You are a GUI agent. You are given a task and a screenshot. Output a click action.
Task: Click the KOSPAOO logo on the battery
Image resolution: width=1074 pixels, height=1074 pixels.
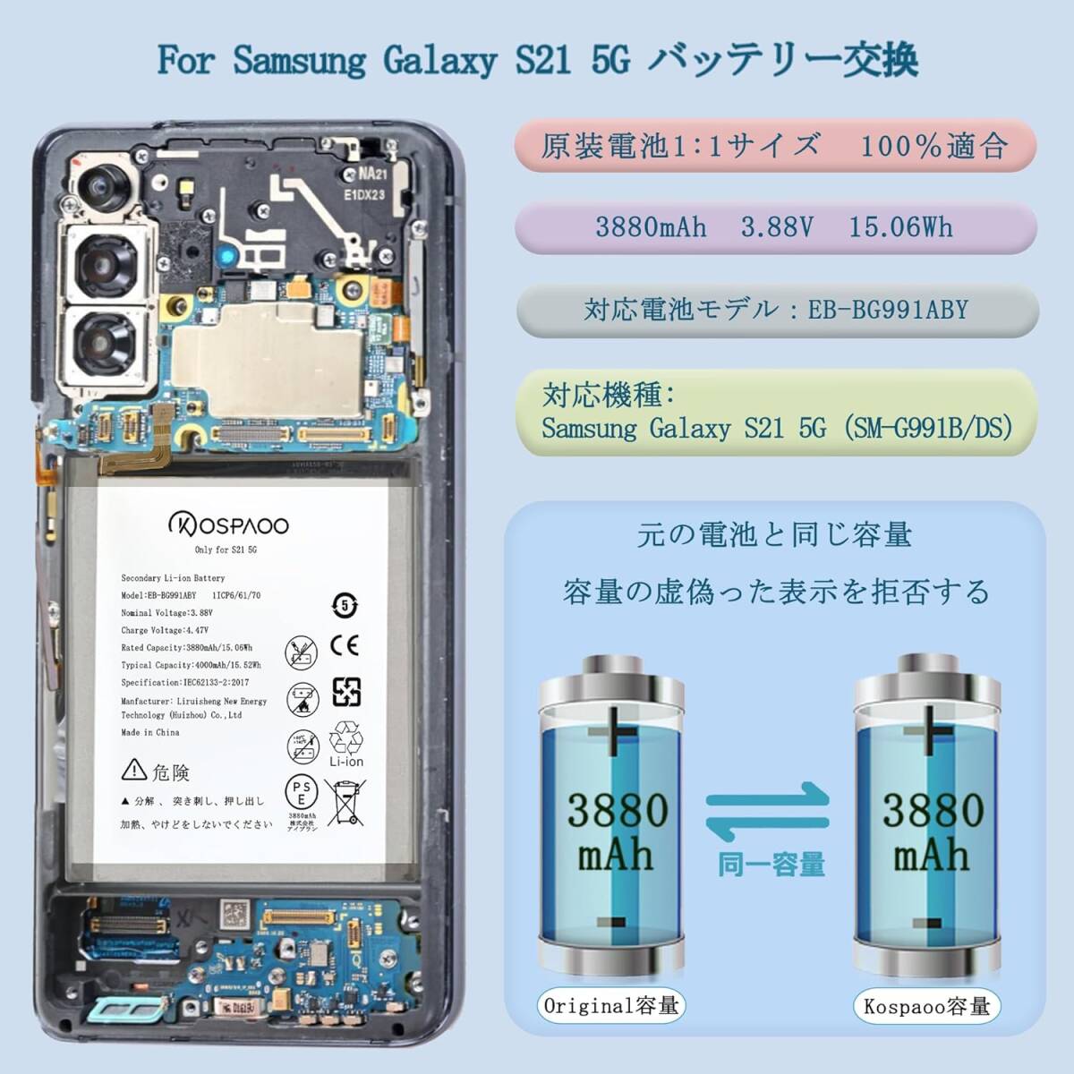point(229,524)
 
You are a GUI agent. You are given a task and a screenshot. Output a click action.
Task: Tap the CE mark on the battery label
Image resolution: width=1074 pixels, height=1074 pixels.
point(345,646)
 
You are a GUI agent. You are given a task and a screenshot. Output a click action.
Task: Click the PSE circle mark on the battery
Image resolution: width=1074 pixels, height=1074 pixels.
point(302,791)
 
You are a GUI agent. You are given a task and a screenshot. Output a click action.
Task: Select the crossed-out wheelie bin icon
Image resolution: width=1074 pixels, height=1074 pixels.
point(345,801)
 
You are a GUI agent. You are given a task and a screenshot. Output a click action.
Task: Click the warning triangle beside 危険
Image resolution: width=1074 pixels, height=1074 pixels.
point(134,769)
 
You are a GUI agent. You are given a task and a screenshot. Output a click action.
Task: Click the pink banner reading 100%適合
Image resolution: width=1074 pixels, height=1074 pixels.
point(775,146)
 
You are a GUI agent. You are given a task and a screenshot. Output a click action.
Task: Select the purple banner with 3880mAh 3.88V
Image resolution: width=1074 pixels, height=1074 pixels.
point(775,227)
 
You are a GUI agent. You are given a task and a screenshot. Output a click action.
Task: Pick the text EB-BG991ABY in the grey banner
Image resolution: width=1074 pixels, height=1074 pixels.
point(888,310)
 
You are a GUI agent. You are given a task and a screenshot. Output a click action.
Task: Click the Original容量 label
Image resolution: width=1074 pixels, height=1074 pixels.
point(611,1006)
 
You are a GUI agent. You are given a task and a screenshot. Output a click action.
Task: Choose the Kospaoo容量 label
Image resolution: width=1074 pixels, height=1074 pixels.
point(926,1006)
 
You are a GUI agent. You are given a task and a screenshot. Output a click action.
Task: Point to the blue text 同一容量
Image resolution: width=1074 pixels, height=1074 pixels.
point(771,865)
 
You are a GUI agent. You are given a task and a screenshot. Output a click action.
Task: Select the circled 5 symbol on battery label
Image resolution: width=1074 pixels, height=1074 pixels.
point(345,606)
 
